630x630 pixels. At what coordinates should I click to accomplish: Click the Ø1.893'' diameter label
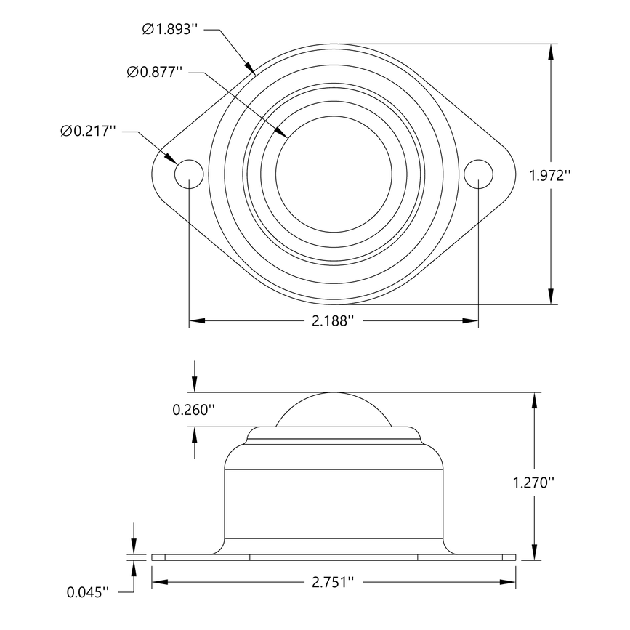pyautogui.click(x=170, y=29)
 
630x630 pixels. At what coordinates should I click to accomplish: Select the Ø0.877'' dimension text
pyautogui.click(x=154, y=72)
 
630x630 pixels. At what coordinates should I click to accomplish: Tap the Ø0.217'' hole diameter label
pyautogui.click(x=89, y=131)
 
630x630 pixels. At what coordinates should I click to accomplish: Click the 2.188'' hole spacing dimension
pyautogui.click(x=334, y=320)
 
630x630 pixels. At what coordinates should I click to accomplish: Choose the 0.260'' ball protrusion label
pyautogui.click(x=193, y=410)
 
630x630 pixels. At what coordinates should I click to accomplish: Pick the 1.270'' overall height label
pyautogui.click(x=534, y=482)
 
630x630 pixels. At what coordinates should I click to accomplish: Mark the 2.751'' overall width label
pyautogui.click(x=333, y=582)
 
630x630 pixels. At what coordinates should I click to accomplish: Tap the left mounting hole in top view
pyautogui.click(x=189, y=173)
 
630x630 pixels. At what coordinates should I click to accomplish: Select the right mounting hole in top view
pyautogui.click(x=478, y=173)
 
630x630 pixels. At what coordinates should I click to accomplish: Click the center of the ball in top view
pyautogui.click(x=334, y=173)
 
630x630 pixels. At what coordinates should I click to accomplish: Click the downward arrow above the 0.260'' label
pyautogui.click(x=195, y=384)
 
